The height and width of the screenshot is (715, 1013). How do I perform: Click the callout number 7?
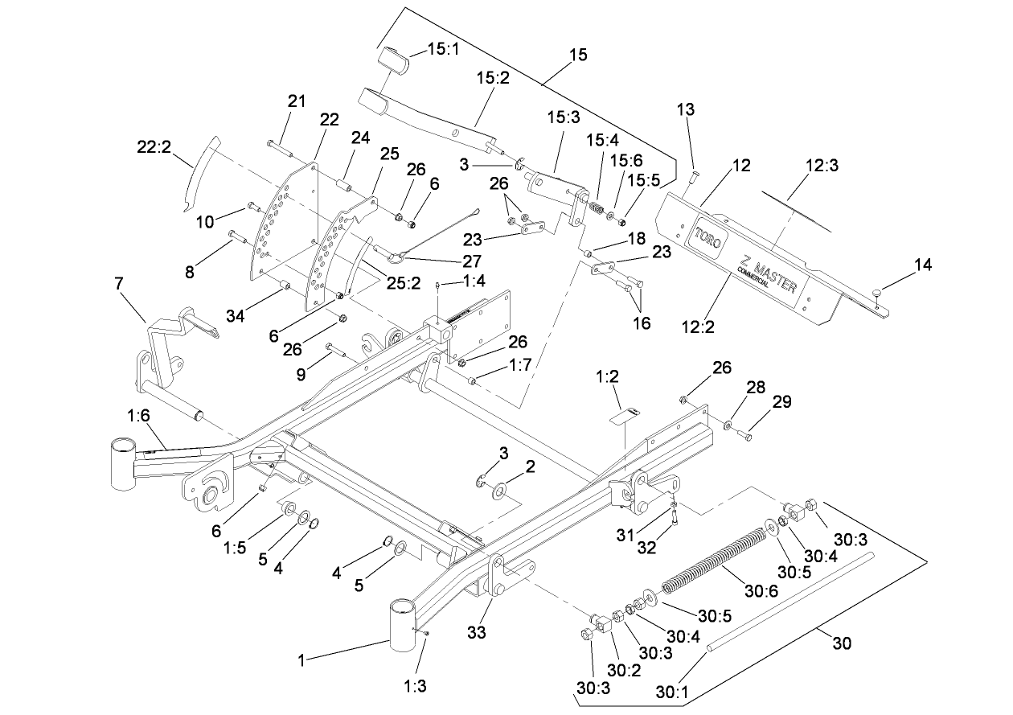tap(120, 284)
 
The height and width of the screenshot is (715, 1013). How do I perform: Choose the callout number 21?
tap(297, 101)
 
